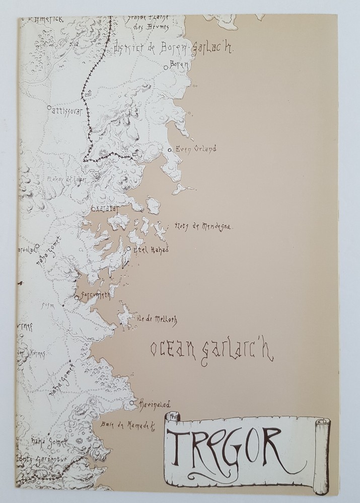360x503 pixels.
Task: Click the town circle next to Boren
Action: tap(167, 66)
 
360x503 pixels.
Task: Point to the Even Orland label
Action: tap(195, 149)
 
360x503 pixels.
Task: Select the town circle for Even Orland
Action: tap(170, 149)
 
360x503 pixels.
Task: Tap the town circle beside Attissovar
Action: tap(48, 107)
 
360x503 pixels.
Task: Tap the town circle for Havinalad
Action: tap(131, 403)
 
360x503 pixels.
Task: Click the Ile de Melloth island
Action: tap(123, 316)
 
